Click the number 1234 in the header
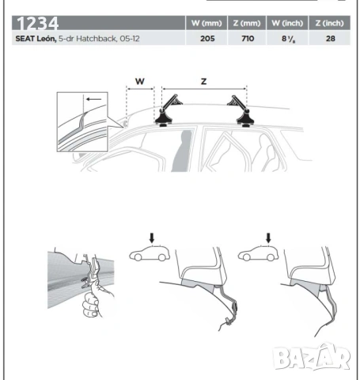coord(37,23)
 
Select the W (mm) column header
coord(207,23)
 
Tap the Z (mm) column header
coord(247,23)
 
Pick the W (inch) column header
coord(287,23)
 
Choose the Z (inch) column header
coord(330,23)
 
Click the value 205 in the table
coord(207,39)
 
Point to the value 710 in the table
coord(248,39)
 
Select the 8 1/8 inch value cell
coord(288,39)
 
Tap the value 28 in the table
coord(331,39)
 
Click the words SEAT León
coord(36,39)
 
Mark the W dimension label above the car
coord(140,82)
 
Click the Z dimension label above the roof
coord(203,82)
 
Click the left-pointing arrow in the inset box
coord(94,99)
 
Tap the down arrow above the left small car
coord(152,237)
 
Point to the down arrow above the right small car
coord(268,237)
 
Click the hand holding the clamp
coord(93,301)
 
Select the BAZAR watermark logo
coord(311,357)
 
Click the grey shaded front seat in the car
coord(182,150)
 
